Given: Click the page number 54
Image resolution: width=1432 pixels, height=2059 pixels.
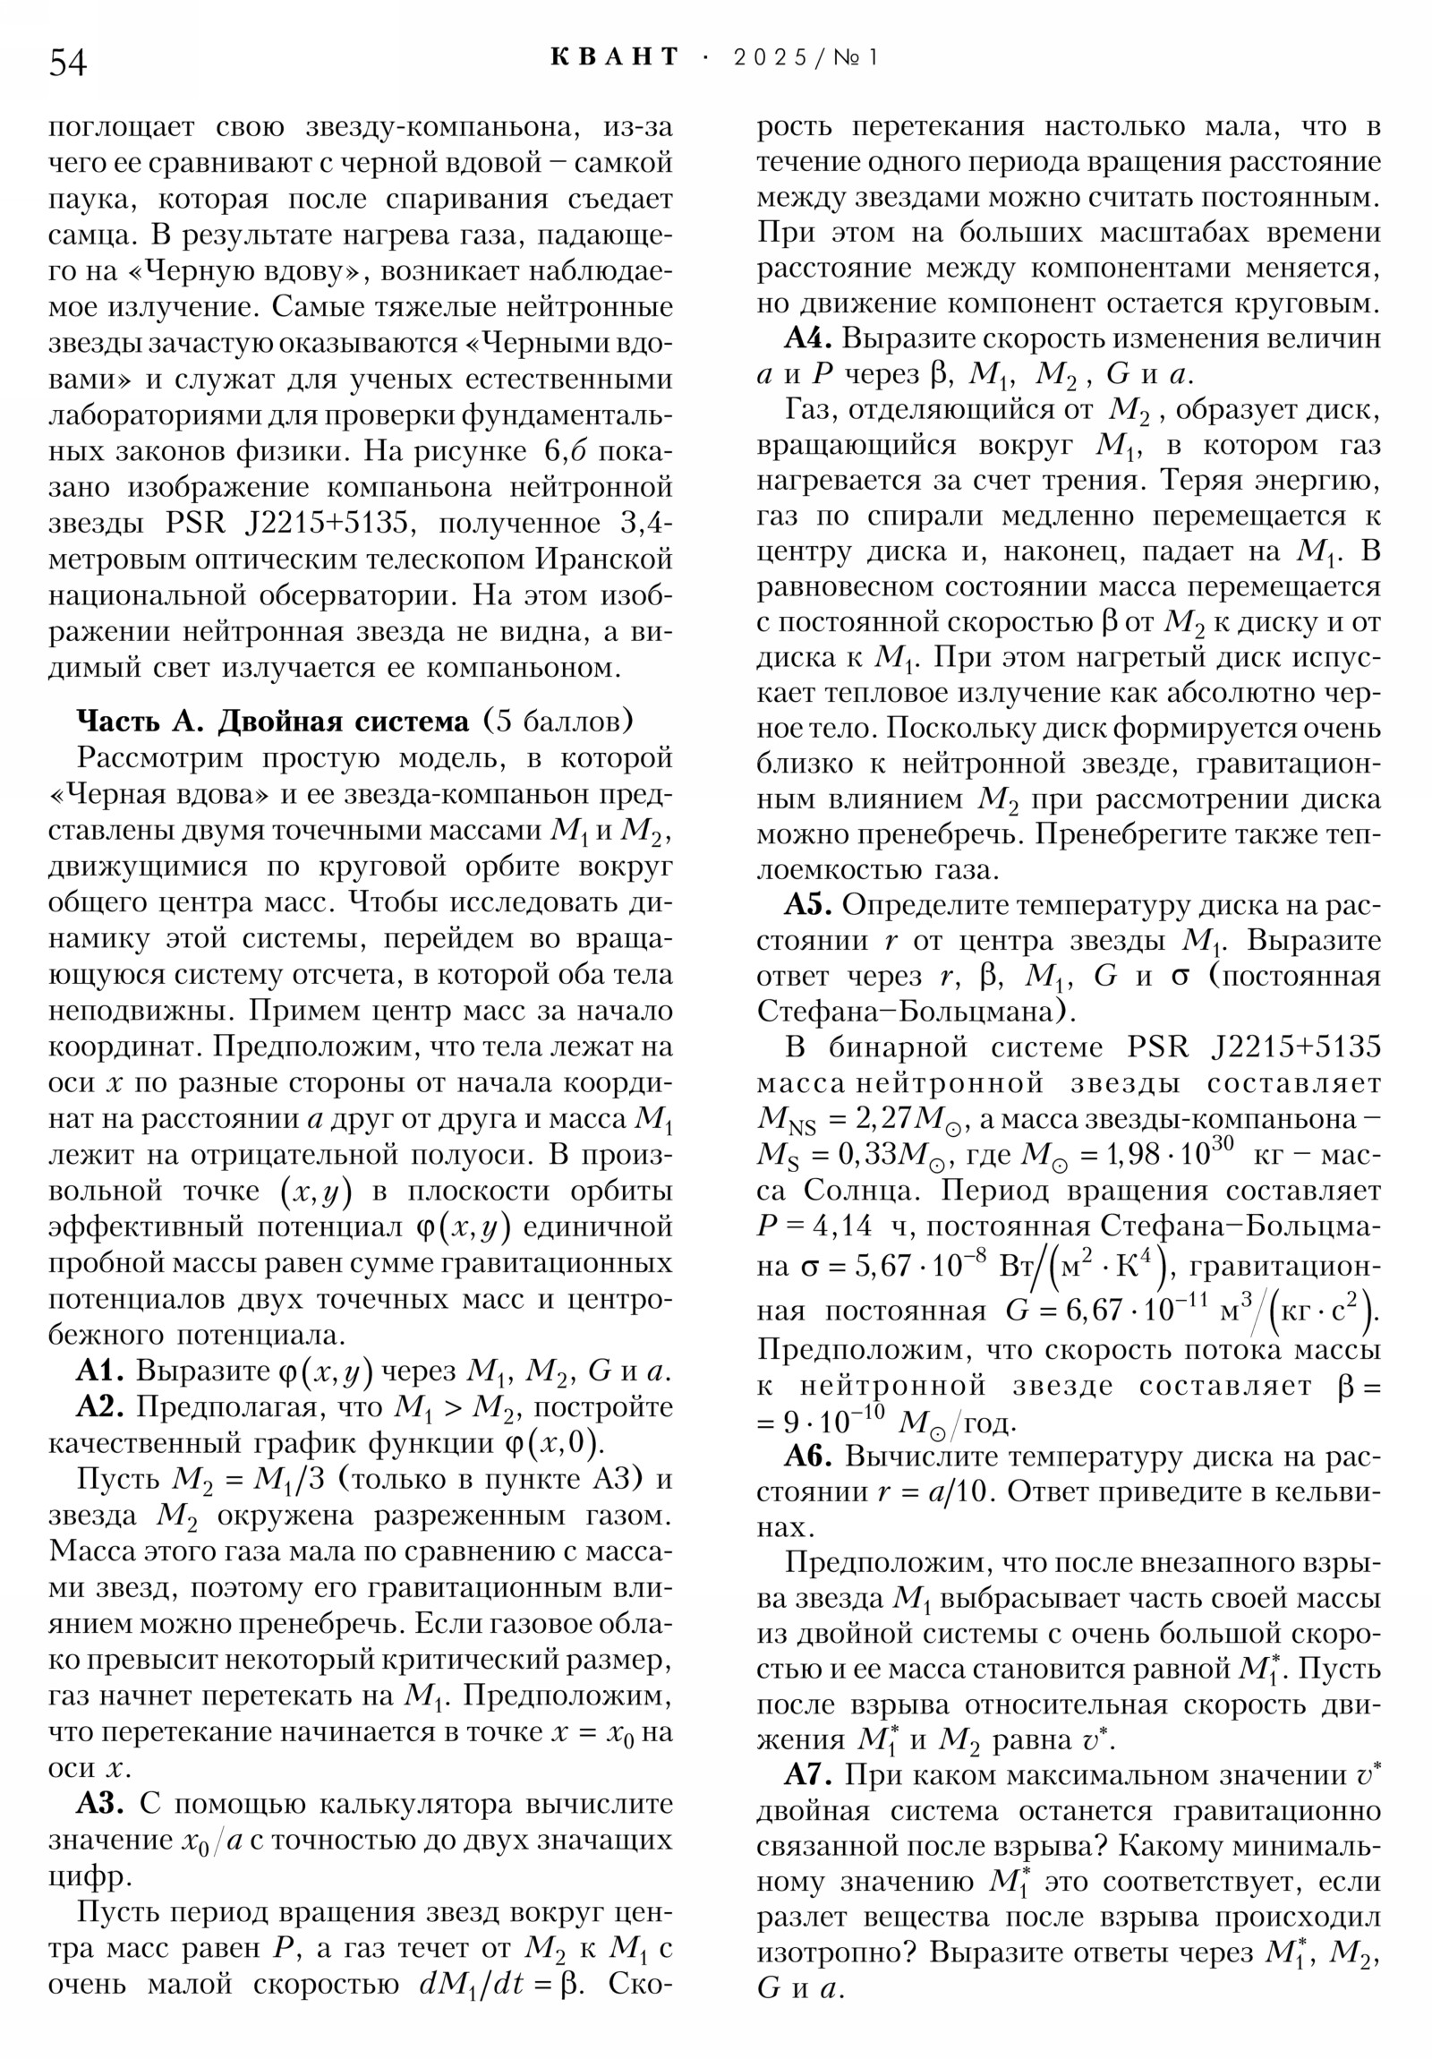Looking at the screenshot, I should pos(67,63).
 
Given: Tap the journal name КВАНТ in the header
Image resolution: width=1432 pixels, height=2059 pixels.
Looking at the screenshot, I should pos(614,57).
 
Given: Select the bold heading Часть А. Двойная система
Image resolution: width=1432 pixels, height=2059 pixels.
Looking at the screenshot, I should pos(273,722).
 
